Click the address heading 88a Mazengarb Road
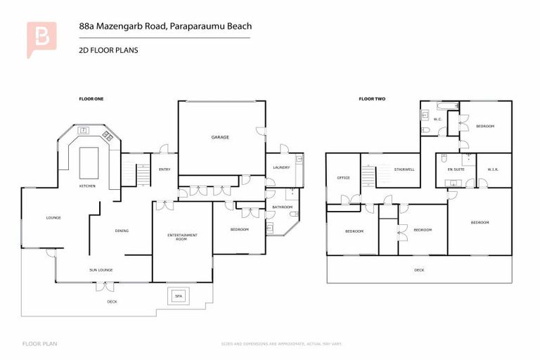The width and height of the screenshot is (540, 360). point(165,27)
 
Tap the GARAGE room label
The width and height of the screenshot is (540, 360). point(221,137)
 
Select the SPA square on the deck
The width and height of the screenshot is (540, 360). point(178,297)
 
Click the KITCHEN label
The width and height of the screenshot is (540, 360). point(87,186)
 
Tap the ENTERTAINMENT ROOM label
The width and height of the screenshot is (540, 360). point(182,237)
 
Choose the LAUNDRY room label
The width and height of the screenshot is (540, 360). point(281,167)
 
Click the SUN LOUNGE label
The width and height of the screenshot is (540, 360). point(101,269)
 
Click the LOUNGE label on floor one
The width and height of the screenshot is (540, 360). point(53,217)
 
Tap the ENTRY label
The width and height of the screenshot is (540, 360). point(165,169)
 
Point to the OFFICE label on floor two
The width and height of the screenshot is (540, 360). point(344,178)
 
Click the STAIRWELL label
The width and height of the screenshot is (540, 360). point(404,169)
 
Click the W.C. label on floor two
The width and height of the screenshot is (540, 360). point(437,119)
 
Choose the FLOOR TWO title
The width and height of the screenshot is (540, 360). point(372,99)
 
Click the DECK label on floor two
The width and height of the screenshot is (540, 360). point(419,269)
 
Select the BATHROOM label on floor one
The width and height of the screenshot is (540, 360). point(282,207)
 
